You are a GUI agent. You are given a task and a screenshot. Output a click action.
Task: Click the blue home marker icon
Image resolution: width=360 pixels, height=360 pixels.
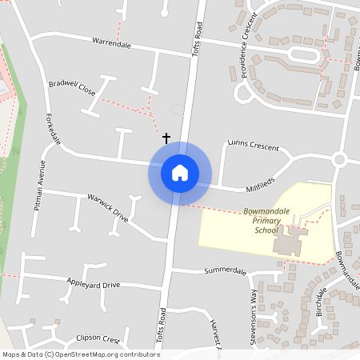(180, 173)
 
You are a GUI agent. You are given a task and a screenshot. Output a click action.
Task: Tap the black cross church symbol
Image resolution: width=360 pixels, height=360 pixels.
(166, 138)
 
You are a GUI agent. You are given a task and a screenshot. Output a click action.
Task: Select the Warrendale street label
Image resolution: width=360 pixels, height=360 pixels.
(111, 42)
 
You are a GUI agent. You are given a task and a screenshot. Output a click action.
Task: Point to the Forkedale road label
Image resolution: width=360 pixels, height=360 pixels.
(54, 128)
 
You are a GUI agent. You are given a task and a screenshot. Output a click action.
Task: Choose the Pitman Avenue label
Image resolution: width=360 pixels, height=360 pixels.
(39, 183)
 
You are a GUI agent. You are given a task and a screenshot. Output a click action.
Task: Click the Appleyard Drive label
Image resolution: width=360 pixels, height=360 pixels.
(93, 285)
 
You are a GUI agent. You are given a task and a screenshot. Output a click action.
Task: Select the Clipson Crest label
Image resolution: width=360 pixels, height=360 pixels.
(97, 338)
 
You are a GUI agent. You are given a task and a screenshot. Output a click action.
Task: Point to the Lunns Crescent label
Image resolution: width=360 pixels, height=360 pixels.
(253, 146)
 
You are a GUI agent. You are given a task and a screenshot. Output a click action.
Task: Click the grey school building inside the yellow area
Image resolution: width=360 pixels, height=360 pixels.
(289, 241)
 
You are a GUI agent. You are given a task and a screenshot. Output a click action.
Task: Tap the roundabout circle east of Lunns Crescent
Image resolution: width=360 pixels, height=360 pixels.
(339, 159)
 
